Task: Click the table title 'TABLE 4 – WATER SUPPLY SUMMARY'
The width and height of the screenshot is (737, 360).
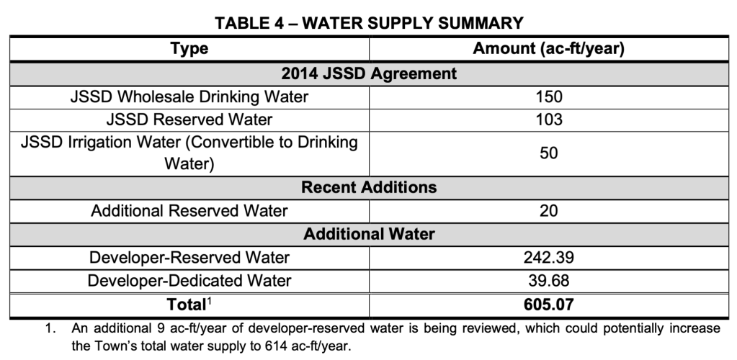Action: coord(369,23)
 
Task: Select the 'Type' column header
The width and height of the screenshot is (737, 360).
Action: coord(189,49)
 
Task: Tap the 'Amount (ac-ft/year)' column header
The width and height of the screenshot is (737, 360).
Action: coord(548,49)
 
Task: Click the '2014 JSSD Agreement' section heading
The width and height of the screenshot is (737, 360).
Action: coord(369,73)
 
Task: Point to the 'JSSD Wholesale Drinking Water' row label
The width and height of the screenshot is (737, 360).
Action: coord(189,96)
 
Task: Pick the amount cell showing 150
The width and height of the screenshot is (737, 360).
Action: coord(548,96)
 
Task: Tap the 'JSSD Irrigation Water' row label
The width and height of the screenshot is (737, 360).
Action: coord(189,152)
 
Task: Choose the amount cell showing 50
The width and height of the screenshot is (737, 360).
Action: coord(548,153)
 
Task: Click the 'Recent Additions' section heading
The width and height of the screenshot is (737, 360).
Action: coord(369,187)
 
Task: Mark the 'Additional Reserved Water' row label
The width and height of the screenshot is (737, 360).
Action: coord(189,211)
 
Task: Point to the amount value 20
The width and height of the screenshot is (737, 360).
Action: coord(548,211)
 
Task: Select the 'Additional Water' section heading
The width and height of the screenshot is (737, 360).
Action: coord(369,235)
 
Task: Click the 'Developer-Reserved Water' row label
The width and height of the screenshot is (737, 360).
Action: coord(189,258)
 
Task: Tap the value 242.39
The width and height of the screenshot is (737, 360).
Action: coord(548,258)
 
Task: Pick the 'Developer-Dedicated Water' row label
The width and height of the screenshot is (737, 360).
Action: coord(189,280)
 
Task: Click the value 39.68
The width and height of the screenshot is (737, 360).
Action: coord(548,280)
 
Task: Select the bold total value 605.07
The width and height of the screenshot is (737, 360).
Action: coord(548,304)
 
